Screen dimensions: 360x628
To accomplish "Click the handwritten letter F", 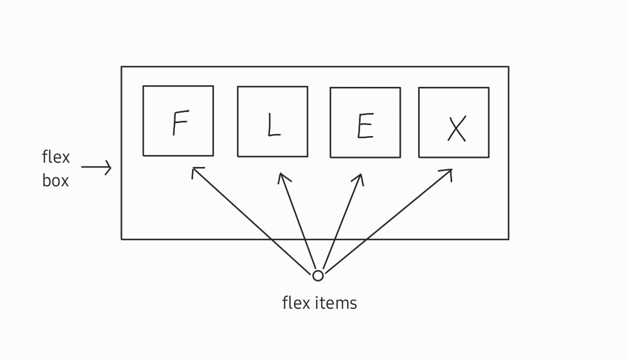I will point(180,124).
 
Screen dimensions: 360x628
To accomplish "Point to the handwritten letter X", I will point(457,129).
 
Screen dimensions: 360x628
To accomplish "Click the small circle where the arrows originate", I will point(318,275).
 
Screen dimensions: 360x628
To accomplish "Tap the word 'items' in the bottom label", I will point(339,303).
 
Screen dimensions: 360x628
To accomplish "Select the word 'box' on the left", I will point(55,181).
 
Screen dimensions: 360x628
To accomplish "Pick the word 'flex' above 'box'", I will point(55,157).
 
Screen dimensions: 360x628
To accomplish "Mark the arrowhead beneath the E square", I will point(360,176).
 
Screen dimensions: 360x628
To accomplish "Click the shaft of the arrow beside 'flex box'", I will point(94,168).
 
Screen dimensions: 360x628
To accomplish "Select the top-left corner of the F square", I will point(143,86).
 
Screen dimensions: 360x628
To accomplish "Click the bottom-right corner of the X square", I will point(489,157).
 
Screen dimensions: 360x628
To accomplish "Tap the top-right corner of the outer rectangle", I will point(508,66).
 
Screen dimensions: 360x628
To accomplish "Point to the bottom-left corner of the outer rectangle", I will point(121,239).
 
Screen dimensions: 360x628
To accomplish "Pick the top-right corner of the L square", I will point(307,87).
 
